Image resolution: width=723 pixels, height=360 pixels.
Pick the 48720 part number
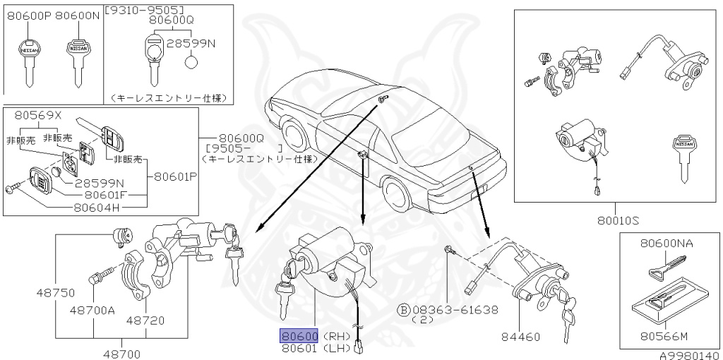(x=145, y=320)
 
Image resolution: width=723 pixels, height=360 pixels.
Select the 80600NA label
(x=667, y=243)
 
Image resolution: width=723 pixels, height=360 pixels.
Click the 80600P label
(x=28, y=14)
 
